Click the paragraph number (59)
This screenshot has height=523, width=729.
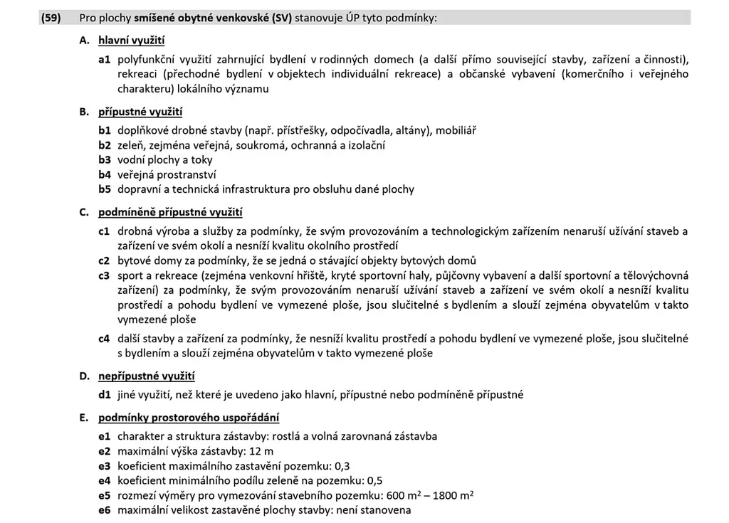tap(51, 17)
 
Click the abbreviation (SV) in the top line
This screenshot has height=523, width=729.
tap(279, 17)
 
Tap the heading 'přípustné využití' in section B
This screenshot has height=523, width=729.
tap(140, 112)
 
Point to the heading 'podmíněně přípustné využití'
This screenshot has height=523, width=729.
tap(170, 212)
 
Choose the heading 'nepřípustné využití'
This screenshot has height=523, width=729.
tap(146, 376)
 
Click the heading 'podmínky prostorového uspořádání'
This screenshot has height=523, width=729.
tap(189, 417)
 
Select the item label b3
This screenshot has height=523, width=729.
tap(105, 160)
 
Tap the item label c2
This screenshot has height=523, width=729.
tap(105, 260)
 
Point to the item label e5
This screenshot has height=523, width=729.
tap(105, 496)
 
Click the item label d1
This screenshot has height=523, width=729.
tap(105, 394)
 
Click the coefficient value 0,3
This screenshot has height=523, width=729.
tap(342, 466)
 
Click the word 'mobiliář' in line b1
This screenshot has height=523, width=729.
tap(456, 130)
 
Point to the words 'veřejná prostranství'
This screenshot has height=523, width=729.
tap(167, 174)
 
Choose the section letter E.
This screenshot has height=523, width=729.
tap(83, 417)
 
